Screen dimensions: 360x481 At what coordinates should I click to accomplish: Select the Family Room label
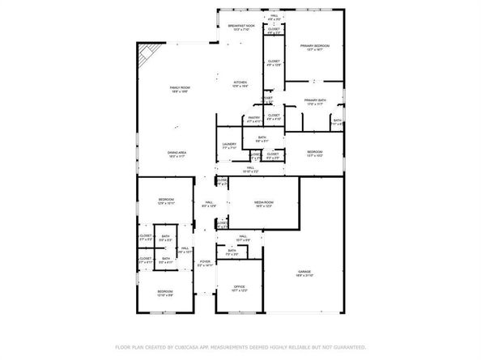pyautogui.click(x=180, y=88)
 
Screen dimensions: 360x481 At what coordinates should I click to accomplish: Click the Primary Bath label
pyautogui.click(x=315, y=100)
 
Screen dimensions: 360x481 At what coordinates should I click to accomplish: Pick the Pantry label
pyautogui.click(x=253, y=118)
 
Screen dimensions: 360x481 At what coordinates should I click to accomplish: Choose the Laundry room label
pyautogui.click(x=228, y=144)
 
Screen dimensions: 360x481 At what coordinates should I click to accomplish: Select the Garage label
pyautogui.click(x=304, y=272)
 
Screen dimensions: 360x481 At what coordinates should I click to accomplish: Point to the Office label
pyautogui.click(x=240, y=286)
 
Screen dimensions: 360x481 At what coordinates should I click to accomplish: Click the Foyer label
pyautogui.click(x=206, y=261)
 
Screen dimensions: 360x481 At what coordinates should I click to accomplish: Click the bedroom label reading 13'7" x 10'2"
pyautogui.click(x=315, y=154)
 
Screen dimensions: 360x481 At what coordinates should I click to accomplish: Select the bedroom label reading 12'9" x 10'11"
pyautogui.click(x=166, y=200)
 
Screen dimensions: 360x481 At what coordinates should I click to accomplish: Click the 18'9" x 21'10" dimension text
pyautogui.click(x=304, y=276)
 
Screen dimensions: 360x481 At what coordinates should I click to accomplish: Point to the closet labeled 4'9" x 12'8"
pyautogui.click(x=274, y=63)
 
